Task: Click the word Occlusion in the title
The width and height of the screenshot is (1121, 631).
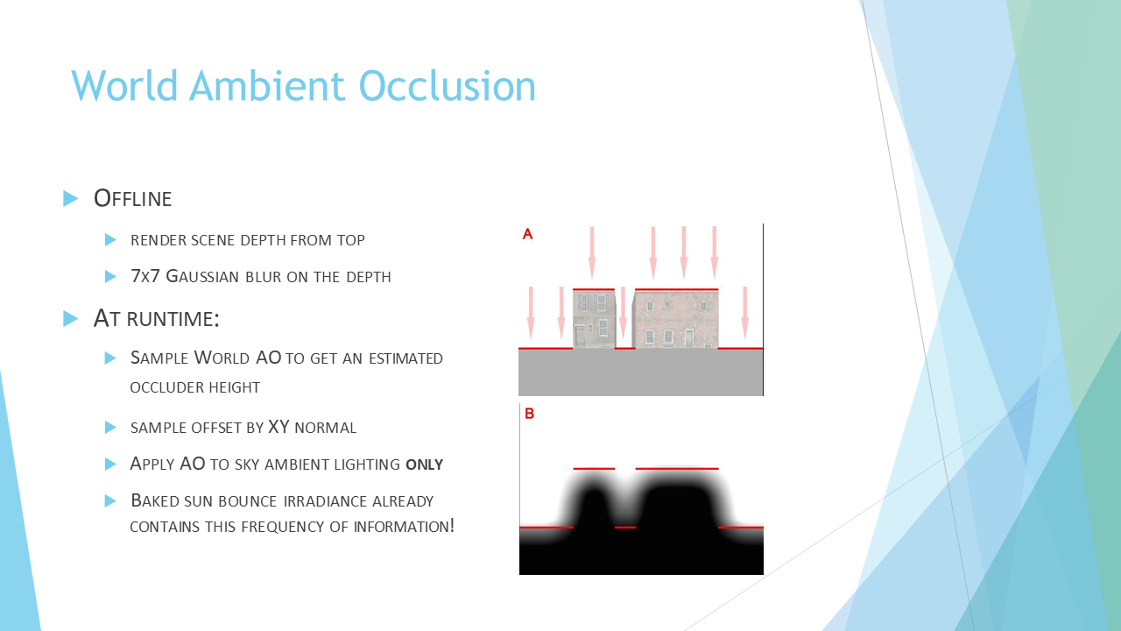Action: tap(448, 86)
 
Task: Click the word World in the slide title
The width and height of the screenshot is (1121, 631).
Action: tap(124, 86)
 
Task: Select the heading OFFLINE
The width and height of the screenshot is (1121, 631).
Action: tap(132, 198)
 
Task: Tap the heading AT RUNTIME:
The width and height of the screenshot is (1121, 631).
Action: tap(157, 318)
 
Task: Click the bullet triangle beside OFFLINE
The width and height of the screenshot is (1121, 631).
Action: tap(71, 198)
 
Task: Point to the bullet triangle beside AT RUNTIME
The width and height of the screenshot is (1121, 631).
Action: tap(71, 318)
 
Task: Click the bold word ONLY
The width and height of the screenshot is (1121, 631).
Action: tap(425, 464)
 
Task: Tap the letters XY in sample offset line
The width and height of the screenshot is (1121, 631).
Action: tap(278, 427)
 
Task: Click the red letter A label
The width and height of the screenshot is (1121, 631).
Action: tap(527, 234)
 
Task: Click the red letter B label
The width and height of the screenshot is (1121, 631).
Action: tap(530, 414)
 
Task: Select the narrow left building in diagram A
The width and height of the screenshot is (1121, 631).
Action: tap(594, 319)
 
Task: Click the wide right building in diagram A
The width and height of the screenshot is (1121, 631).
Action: tap(675, 319)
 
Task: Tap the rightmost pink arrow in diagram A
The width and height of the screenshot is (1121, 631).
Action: tap(744, 313)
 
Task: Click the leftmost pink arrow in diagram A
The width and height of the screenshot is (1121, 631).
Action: tap(531, 313)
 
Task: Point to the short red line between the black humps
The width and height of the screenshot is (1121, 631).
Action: tap(625, 528)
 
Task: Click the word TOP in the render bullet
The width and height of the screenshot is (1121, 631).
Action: tap(351, 240)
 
